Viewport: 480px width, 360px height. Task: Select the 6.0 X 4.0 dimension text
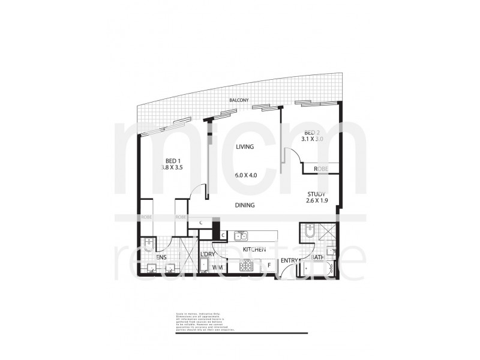coord(246,175)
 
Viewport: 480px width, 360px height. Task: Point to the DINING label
coord(245,205)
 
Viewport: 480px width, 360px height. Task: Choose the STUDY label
coord(316,194)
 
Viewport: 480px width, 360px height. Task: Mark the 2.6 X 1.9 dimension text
coord(316,202)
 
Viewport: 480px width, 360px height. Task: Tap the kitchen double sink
coord(241,236)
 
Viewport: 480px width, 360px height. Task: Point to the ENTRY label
coord(289,260)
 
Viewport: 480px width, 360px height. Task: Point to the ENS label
coord(161,257)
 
